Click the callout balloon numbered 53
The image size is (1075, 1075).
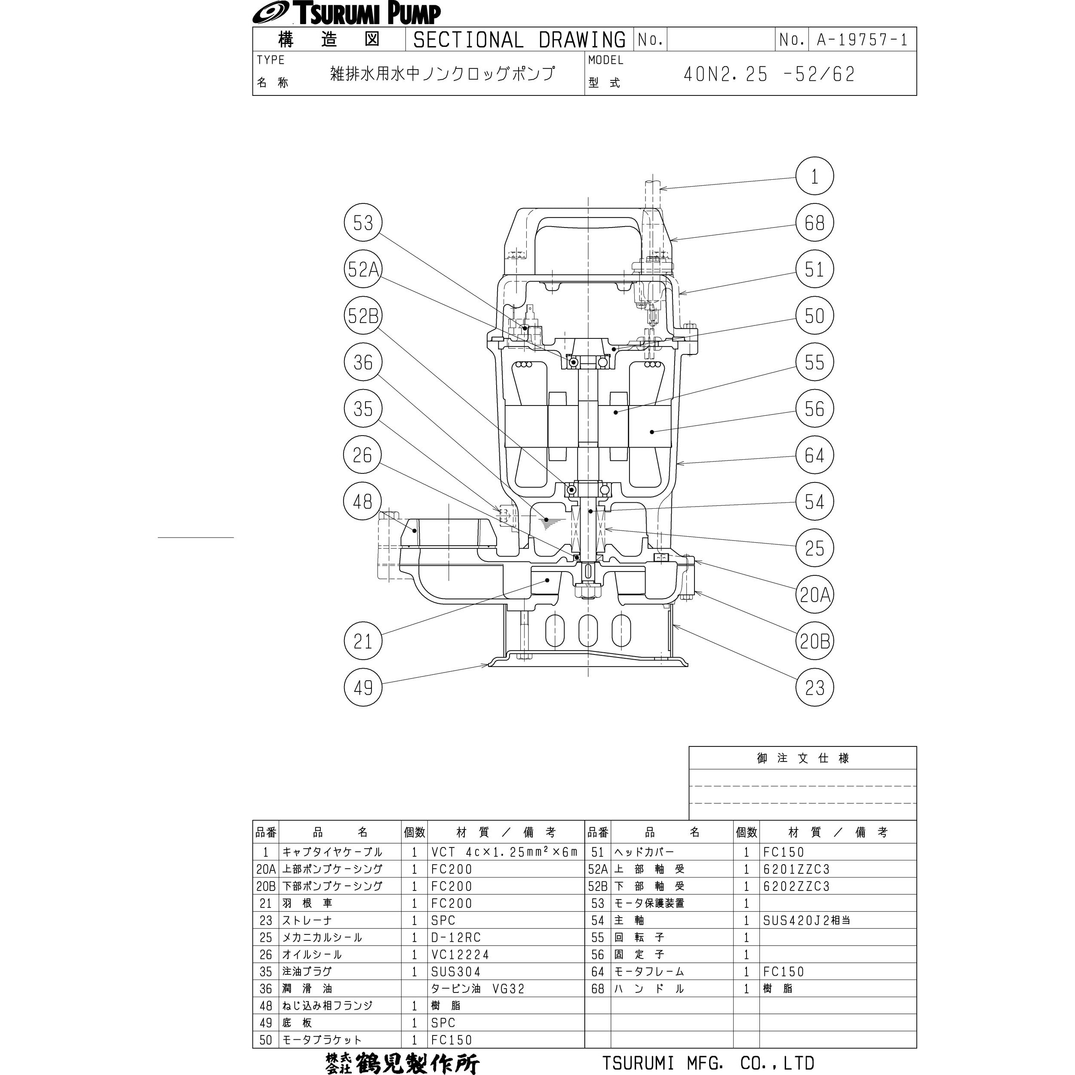(363, 223)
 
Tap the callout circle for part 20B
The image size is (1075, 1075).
(814, 642)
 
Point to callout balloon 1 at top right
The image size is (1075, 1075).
(814, 176)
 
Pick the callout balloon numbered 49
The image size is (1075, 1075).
(363, 688)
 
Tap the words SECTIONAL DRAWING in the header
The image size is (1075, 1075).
(519, 40)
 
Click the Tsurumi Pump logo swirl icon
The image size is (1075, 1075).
(270, 13)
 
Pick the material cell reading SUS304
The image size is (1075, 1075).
(456, 971)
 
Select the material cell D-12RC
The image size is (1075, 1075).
(456, 937)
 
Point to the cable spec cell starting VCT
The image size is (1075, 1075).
(504, 852)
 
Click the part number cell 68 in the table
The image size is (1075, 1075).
(598, 989)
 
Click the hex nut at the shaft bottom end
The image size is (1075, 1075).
(588, 591)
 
